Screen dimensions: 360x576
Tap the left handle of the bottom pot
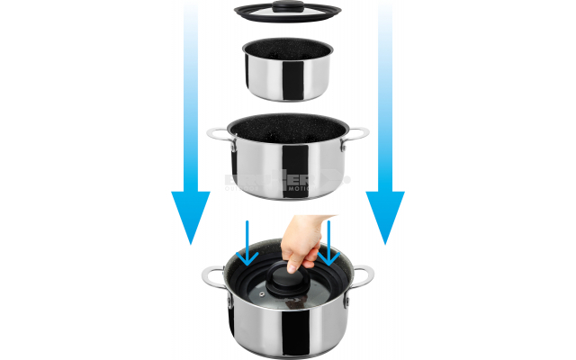(213, 277)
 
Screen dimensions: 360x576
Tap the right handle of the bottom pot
(363, 277)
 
